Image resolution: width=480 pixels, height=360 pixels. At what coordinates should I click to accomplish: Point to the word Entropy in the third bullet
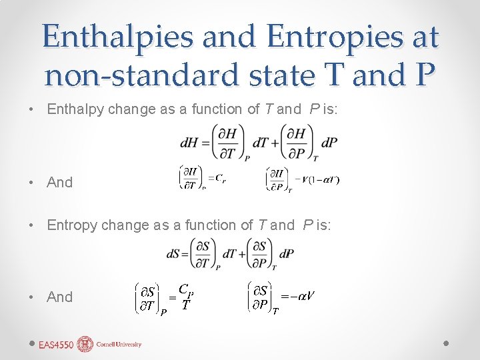tap(71, 225)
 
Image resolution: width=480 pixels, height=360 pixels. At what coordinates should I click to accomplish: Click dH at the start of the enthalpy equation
tap(188, 144)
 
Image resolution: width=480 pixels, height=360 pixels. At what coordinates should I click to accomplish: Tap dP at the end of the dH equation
tap(329, 144)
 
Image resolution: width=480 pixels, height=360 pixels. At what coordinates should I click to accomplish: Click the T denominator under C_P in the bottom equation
tap(187, 305)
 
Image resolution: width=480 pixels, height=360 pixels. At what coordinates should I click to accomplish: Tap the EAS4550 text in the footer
tap(56, 345)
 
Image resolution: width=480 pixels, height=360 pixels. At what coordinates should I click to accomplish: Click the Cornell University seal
tap(86, 344)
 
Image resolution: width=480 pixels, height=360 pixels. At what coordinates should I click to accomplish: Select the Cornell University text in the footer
tap(119, 345)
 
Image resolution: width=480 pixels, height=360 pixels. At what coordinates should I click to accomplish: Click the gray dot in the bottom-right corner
tap(447, 342)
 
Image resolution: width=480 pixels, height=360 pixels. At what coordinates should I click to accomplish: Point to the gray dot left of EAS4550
tap(31, 342)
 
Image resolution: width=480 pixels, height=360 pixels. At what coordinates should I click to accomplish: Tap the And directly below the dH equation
tap(60, 182)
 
